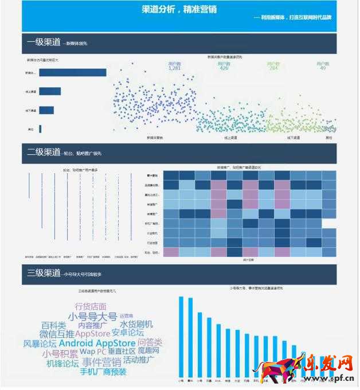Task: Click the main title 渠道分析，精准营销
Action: (179, 9)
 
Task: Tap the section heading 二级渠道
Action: (44, 152)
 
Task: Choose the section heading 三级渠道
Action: (44, 273)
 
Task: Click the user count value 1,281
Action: (175, 68)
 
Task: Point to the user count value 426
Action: (224, 68)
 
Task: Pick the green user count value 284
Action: (273, 68)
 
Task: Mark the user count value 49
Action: (323, 68)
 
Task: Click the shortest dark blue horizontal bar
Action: (40, 129)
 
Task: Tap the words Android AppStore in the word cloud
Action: (96, 343)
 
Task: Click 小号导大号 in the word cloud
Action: (92, 317)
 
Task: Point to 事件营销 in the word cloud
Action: (101, 362)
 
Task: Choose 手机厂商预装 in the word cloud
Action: (103, 372)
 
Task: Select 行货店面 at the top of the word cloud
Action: (90, 306)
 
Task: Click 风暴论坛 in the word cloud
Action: (40, 344)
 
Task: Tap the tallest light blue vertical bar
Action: (181, 337)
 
